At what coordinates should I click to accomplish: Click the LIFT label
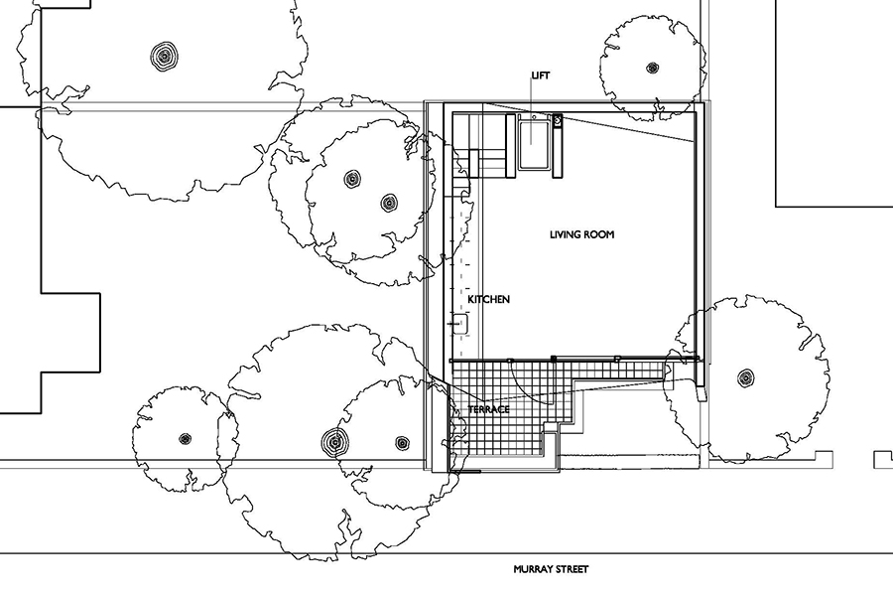coord(540,75)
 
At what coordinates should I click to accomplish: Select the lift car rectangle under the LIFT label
coord(534,145)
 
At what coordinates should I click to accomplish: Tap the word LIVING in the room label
coord(568,235)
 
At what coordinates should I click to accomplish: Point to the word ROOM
coord(601,235)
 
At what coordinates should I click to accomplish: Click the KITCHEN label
coord(489,299)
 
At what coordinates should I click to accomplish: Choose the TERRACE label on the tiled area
coord(489,409)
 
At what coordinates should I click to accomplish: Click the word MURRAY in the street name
coord(533,570)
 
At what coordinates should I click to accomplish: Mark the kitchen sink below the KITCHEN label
coord(459,323)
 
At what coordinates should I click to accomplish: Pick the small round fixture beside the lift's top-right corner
coord(558,121)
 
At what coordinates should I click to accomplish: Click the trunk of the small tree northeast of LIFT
coord(652,69)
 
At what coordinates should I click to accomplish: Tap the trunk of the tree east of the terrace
coord(745,377)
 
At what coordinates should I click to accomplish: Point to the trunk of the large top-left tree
coord(162,56)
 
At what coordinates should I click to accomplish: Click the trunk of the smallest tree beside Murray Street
coord(185,438)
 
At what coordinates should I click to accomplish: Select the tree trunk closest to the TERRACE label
coord(402,442)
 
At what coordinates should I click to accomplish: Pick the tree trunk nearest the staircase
coord(388,203)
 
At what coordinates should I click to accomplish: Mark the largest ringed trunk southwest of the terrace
coord(334,441)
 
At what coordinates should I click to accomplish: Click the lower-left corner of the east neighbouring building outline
coord(776,207)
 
